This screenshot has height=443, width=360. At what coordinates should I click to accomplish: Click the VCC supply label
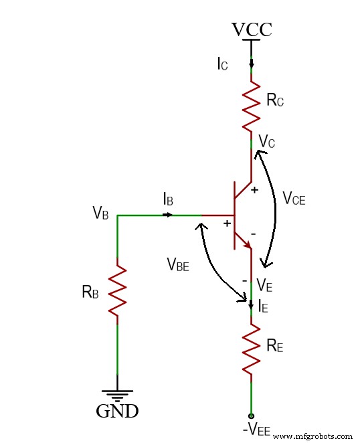tap(252, 30)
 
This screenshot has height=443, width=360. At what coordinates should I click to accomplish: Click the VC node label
tap(266, 141)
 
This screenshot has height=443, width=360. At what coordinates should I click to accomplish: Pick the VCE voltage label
tap(294, 198)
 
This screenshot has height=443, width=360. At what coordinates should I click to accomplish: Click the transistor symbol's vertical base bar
tap(235, 215)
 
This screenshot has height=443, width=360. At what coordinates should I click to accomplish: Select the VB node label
tap(101, 213)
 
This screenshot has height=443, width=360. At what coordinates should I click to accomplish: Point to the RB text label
tap(91, 291)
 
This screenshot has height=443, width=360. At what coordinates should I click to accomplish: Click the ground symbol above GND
tap(118, 394)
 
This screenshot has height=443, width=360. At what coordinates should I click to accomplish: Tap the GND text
tap(118, 411)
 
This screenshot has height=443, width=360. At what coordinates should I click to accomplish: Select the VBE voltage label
tap(178, 264)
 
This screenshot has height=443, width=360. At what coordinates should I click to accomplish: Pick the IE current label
tap(264, 306)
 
